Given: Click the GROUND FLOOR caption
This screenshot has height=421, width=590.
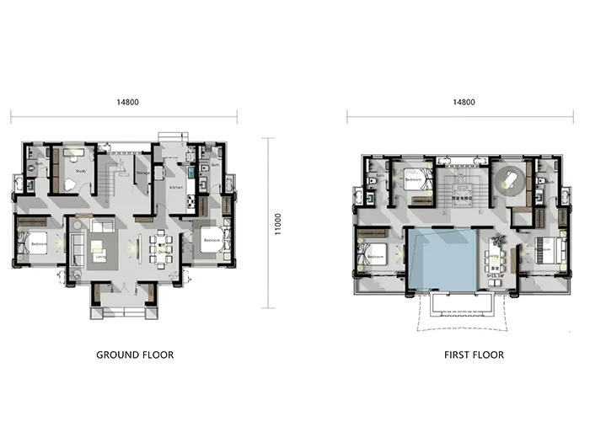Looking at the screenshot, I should (x=135, y=354).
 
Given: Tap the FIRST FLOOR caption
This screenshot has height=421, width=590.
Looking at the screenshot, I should (x=474, y=354).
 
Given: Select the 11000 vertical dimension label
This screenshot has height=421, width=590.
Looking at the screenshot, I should (x=277, y=223).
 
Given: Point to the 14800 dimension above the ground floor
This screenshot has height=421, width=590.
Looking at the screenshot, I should (x=128, y=102).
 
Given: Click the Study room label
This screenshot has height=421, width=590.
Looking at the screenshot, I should (x=81, y=171).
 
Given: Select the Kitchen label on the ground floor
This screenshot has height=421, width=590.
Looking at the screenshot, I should (x=176, y=187).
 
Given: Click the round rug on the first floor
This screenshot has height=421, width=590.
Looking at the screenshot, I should (x=509, y=179).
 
